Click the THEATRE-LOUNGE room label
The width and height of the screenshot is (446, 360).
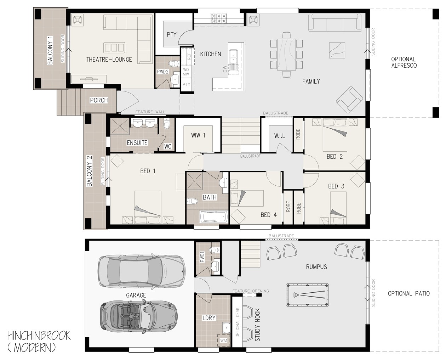[109, 60]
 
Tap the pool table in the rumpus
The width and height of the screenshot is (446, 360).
[307, 295]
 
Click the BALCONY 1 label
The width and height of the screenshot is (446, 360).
[50, 50]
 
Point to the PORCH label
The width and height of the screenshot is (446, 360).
[99, 100]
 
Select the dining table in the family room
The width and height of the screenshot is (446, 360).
[286, 54]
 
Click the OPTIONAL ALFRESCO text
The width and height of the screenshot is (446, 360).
[404, 62]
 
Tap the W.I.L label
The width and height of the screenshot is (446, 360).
[280, 136]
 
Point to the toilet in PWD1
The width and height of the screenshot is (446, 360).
[215, 250]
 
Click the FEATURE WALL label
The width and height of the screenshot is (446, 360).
[150, 112]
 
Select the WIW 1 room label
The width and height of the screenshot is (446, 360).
[198, 135]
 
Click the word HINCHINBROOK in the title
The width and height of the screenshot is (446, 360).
[39, 336]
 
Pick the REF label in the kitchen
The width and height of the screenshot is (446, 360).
[189, 56]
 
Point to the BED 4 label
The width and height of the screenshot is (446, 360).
[269, 215]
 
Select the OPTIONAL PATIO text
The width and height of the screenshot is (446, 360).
[408, 293]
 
